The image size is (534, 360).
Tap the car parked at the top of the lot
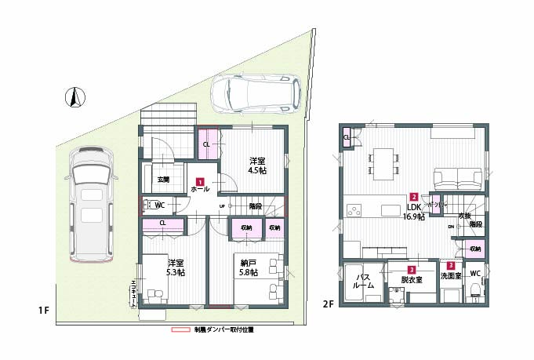click(256, 93)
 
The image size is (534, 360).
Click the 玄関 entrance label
click(163, 180)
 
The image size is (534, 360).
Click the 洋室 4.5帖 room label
click(256, 165)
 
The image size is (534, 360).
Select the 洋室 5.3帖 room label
click(175, 267)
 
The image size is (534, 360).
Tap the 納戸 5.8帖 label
click(249, 267)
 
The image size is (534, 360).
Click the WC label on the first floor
click(159, 205)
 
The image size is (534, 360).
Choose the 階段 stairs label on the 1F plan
click(255, 205)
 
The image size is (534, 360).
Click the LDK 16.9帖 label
click(413, 212)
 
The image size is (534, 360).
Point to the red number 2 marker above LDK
click(413, 197)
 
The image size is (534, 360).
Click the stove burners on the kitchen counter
click(354, 211)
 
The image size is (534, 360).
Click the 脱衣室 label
click(411, 279)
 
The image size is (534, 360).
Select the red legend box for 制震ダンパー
click(182, 329)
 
